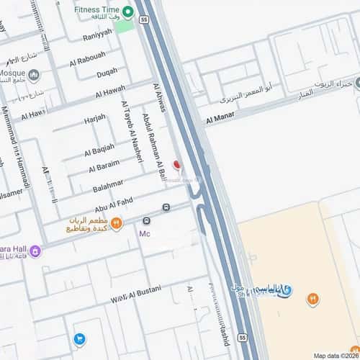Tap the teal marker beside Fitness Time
click(x=128, y=12)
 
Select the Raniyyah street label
click(x=98, y=32)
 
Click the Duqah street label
click(x=107, y=71)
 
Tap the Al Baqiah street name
click(x=99, y=151)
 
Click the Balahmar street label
click(x=108, y=187)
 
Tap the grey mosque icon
click(x=34, y=74)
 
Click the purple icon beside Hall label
click(x=35, y=251)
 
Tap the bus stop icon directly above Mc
click(x=147, y=221)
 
